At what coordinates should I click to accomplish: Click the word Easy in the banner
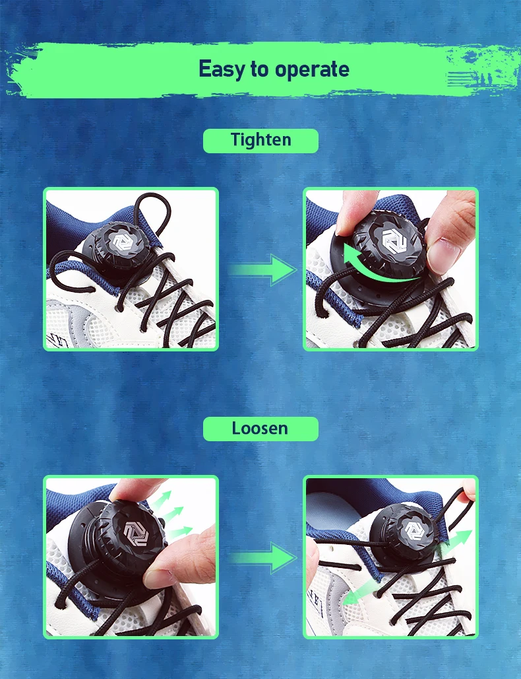(222, 69)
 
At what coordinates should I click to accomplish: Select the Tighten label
(260, 141)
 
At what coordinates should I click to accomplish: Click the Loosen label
(260, 429)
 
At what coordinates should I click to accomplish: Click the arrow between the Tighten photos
(262, 269)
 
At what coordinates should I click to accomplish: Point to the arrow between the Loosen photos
(262, 559)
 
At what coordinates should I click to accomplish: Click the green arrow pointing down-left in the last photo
(359, 592)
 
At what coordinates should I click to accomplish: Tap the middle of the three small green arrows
(173, 513)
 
